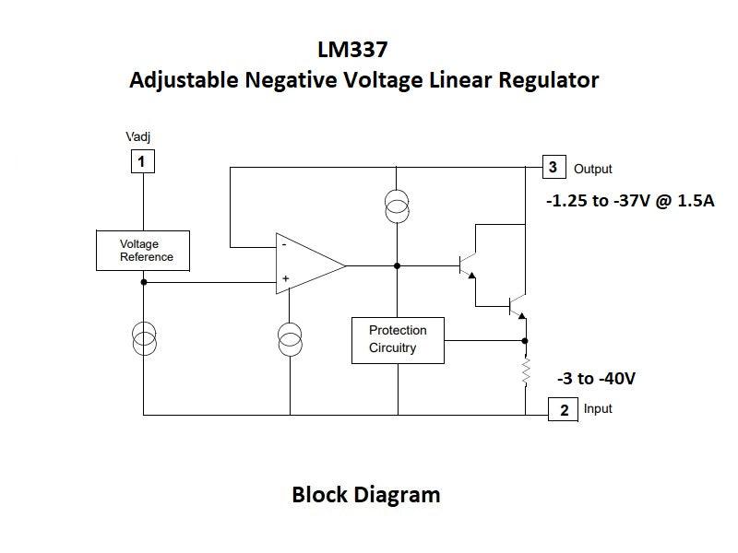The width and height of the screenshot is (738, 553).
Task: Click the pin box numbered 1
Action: (x=141, y=162)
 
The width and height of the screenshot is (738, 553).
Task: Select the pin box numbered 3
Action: (x=553, y=167)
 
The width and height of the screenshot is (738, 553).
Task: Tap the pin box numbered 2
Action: (x=564, y=410)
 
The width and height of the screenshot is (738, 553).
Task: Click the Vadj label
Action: (x=138, y=137)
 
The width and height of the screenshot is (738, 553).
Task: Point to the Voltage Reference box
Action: (x=143, y=251)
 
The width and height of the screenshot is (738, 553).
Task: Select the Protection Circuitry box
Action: (x=398, y=339)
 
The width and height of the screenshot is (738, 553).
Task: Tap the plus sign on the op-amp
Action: (x=285, y=278)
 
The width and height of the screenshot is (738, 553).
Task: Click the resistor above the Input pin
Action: (x=526, y=371)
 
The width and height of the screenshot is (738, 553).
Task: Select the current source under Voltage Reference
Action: (x=144, y=338)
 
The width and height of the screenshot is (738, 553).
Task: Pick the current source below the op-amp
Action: (x=290, y=338)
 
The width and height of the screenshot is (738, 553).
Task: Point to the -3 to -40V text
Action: (x=596, y=379)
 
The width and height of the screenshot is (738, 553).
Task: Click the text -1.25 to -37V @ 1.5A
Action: (x=631, y=199)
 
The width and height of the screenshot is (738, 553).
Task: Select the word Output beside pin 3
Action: (x=592, y=170)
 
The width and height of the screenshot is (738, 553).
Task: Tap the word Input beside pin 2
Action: (x=598, y=408)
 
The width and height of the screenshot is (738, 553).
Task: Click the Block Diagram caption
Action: (x=365, y=495)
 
